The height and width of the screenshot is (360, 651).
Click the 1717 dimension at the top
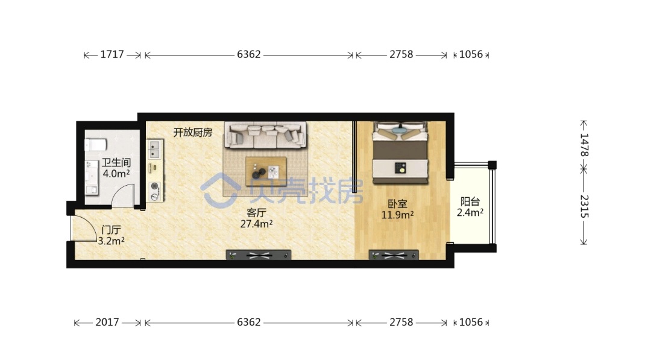click(x=112, y=54)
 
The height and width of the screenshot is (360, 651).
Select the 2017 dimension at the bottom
click(x=107, y=322)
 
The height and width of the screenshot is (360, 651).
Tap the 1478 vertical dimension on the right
click(x=583, y=145)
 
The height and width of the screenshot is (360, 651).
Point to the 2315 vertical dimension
click(x=583, y=206)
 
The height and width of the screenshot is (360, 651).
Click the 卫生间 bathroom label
click(x=116, y=163)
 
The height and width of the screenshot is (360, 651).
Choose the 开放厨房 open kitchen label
click(x=193, y=133)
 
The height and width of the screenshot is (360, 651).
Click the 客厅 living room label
click(x=256, y=213)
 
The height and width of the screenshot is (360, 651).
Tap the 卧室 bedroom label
click(x=397, y=204)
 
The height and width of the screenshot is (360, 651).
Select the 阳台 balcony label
click(x=470, y=202)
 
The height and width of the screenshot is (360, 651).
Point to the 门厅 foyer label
click(x=112, y=230)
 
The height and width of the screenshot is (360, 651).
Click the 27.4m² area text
click(x=256, y=224)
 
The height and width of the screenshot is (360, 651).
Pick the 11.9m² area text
click(x=397, y=215)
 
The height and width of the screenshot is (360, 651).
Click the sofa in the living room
click(x=265, y=134)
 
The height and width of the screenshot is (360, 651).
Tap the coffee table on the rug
click(x=266, y=171)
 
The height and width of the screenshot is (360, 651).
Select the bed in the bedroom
click(x=400, y=153)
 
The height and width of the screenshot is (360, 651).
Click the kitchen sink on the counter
click(x=154, y=150)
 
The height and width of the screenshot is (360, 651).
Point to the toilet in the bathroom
click(x=95, y=145)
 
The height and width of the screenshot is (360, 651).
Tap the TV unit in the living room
click(x=258, y=254)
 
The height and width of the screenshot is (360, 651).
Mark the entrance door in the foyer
click(x=84, y=229)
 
